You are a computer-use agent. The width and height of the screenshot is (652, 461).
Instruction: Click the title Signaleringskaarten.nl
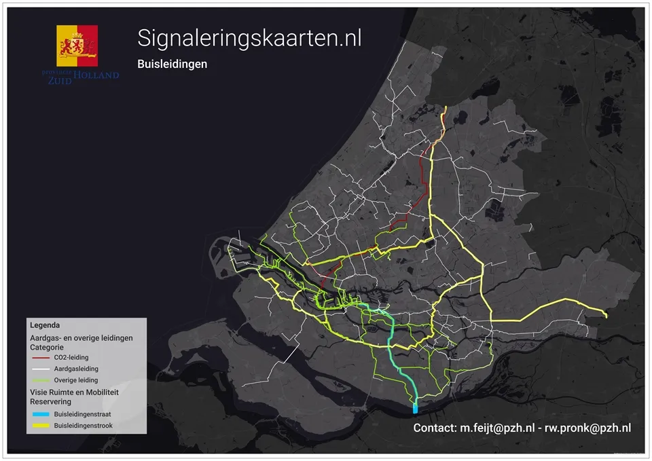coord(249,39)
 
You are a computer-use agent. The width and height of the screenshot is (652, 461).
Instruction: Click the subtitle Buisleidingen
coord(172,64)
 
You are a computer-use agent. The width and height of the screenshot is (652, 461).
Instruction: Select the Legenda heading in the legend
coord(45,325)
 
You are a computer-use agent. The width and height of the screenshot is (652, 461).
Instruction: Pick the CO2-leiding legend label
coord(71,357)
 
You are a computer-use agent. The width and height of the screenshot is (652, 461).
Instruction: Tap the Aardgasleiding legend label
coord(76,369)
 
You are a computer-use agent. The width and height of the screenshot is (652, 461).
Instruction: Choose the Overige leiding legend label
coord(76,380)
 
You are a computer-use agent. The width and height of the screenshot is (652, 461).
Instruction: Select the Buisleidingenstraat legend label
coord(83,413)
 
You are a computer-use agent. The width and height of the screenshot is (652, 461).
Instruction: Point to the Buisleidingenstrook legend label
coord(84,426)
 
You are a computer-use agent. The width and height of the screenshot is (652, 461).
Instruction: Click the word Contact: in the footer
coord(435,428)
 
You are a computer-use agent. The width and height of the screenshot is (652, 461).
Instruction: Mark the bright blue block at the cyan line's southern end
coord(415,408)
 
